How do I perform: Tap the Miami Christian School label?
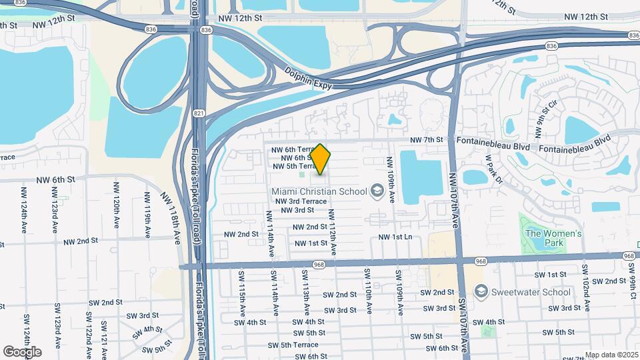319,191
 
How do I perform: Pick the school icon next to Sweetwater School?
481,291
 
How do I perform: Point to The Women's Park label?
553,238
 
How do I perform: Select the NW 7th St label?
427,140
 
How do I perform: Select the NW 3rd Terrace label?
301,201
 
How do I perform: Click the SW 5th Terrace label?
293,345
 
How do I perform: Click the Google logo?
22,351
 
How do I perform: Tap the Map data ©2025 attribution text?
611,355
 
